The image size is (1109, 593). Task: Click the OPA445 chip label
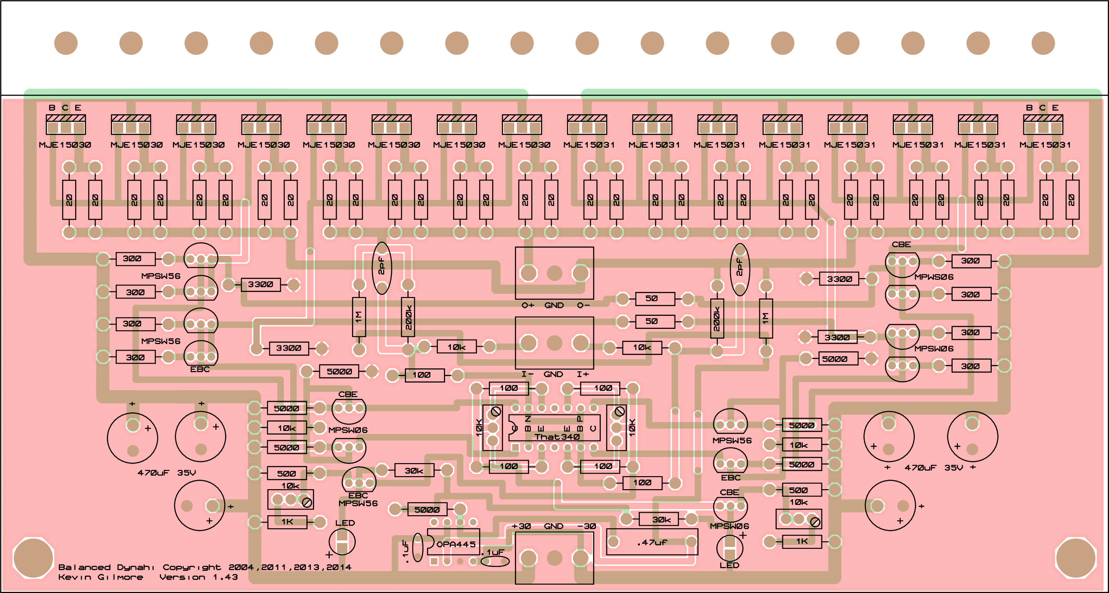point(456,544)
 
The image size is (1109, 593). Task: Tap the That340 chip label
point(557,437)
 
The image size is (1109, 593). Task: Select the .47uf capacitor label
point(652,542)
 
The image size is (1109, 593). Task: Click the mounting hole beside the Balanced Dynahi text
point(33,558)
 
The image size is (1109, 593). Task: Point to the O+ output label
point(528,305)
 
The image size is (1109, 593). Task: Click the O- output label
point(583,305)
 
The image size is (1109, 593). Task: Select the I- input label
point(527,374)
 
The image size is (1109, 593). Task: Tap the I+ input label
point(583,374)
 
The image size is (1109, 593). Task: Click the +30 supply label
point(521,526)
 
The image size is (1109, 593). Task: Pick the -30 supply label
point(586,526)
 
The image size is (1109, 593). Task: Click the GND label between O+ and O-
point(554,305)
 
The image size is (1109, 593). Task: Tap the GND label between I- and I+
point(553,374)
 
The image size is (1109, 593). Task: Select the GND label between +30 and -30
point(553,526)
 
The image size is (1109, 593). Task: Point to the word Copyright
point(192,567)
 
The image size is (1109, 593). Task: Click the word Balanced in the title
point(84,567)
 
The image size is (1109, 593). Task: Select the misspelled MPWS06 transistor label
point(934,277)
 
